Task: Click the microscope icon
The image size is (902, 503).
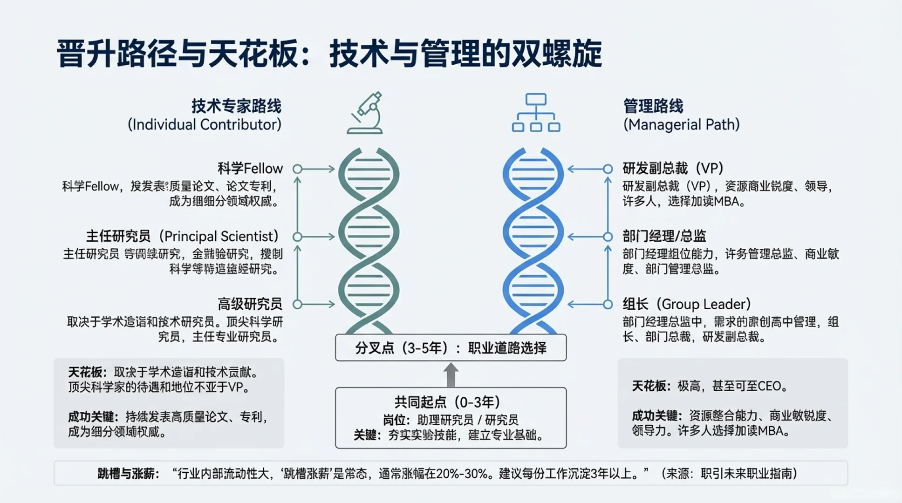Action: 365,114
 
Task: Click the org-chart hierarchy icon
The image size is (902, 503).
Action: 536,113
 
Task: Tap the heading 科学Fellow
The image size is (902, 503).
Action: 250,169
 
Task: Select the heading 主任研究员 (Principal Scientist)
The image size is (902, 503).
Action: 183,237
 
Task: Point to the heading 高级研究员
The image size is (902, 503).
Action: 250,305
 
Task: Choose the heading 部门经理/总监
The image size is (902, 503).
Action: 664,237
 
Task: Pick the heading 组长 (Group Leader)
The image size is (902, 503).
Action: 687,305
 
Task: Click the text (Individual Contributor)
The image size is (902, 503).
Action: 205,125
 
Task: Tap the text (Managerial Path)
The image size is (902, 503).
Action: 682,125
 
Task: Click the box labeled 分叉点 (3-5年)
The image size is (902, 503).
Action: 451,348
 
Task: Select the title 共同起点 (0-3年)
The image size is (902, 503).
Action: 447,402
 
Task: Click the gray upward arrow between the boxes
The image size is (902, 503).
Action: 451,375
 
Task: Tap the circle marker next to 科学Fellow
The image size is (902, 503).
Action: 297,169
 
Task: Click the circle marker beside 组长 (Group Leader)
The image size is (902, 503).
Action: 608,305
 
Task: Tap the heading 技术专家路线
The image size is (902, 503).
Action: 236,106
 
